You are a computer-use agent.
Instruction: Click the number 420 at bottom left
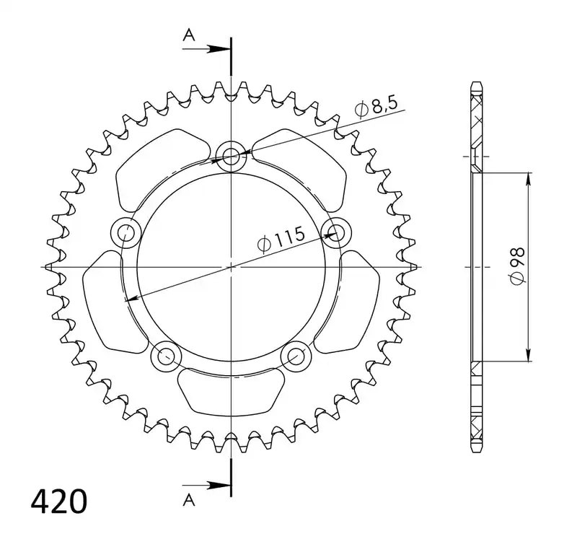click(x=59, y=501)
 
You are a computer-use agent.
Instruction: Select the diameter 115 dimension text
click(x=281, y=240)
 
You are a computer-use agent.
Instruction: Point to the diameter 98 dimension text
click(x=517, y=265)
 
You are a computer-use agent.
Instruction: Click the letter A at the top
click(x=189, y=35)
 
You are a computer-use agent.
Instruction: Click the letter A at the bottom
click(x=189, y=500)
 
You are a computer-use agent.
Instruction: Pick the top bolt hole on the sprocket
click(x=231, y=156)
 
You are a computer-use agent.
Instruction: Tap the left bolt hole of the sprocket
click(x=125, y=232)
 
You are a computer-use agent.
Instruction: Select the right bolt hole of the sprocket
click(x=336, y=232)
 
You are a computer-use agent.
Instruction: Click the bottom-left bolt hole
click(x=167, y=356)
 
